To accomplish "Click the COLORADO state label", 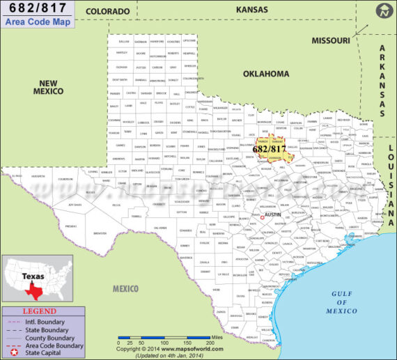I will [107, 12].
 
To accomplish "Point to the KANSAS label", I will [251, 10].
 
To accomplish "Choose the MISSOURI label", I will [330, 41].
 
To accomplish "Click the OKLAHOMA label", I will [265, 73].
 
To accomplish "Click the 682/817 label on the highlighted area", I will [268, 149].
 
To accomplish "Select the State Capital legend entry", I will [44, 353].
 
